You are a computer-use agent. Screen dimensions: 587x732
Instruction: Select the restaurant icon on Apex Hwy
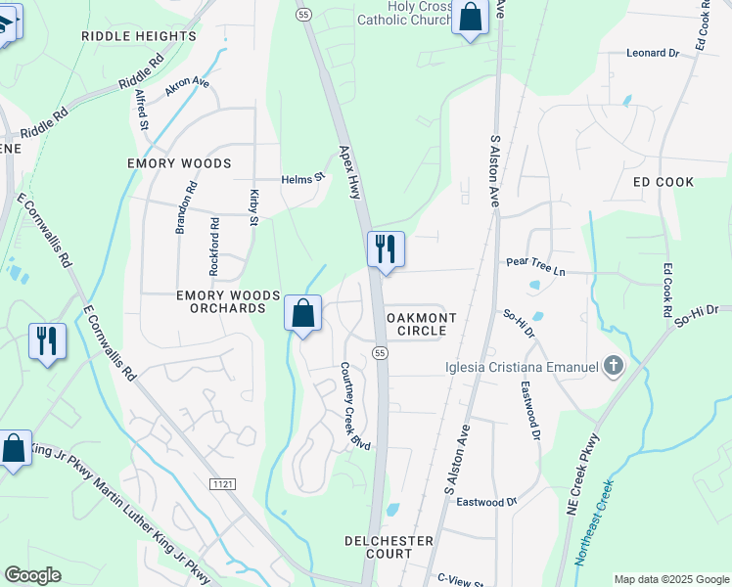(386, 248)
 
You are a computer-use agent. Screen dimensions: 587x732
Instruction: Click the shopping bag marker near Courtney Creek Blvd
(303, 313)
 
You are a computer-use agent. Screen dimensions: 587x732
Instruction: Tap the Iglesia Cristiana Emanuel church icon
(613, 367)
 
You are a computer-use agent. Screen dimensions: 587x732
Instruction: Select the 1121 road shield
(223, 483)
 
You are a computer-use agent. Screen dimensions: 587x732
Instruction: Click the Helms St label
(302, 179)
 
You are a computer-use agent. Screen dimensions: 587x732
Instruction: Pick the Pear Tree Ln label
(536, 262)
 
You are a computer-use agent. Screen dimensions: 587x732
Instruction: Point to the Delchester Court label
(389, 547)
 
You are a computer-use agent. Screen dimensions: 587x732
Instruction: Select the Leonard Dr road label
(653, 54)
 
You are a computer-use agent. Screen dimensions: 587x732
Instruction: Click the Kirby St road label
(253, 206)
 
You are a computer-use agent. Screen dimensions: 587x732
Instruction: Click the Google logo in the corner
(32, 575)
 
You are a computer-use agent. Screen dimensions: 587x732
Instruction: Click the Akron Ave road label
(188, 85)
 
